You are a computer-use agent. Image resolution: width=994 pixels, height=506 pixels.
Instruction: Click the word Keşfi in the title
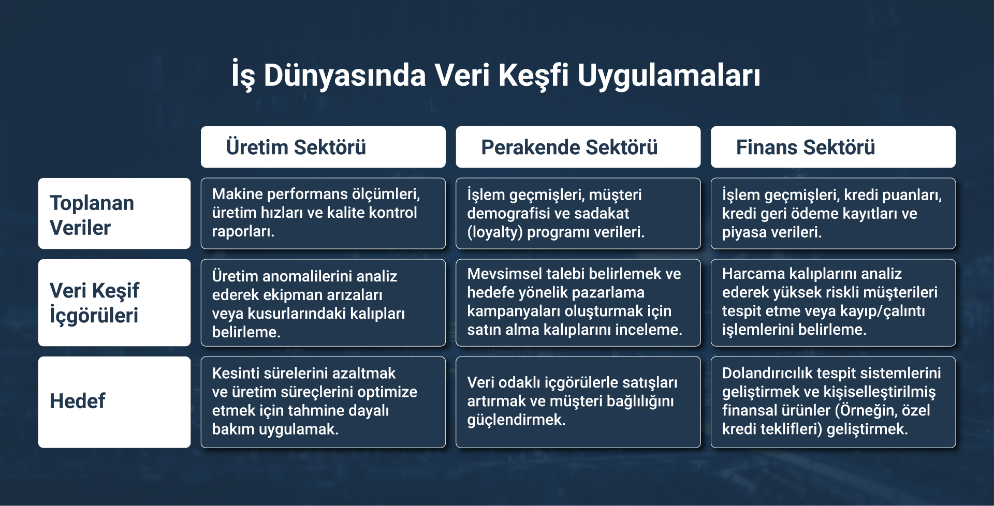(x=533, y=76)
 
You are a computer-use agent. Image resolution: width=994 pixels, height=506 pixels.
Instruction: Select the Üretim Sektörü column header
(x=323, y=147)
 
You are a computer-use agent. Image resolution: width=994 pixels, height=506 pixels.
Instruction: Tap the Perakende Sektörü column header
(x=578, y=147)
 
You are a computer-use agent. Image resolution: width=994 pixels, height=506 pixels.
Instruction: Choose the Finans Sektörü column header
(x=833, y=147)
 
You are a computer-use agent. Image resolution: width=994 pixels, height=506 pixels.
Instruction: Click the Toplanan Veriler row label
(x=114, y=214)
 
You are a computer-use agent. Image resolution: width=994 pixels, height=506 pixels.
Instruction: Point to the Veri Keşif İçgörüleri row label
(x=114, y=303)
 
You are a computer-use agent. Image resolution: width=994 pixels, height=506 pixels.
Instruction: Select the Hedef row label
(x=114, y=402)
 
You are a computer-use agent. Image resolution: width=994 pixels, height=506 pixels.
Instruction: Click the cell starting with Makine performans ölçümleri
(x=323, y=213)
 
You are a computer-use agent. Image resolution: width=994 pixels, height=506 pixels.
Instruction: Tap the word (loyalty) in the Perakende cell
(x=494, y=232)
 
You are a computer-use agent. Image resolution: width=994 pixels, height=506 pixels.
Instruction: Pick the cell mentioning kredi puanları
(x=833, y=213)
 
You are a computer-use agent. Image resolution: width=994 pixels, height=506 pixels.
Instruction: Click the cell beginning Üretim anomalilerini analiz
(x=323, y=303)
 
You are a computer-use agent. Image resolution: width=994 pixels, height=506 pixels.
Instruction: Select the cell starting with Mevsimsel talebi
(x=578, y=303)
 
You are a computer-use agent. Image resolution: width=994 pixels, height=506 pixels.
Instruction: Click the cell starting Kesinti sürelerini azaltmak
(x=323, y=402)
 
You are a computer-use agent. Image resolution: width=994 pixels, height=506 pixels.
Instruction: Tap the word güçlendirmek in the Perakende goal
(x=516, y=420)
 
